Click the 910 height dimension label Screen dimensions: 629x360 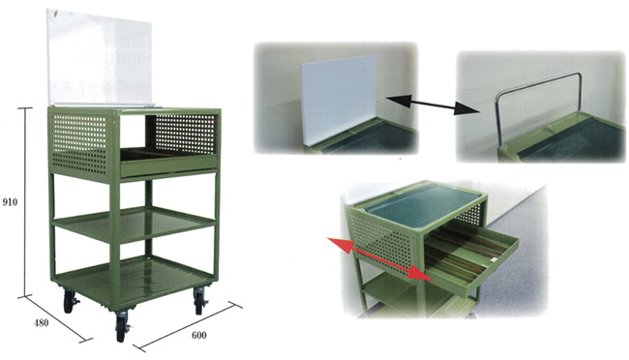tap(10, 202)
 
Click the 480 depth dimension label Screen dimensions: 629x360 tap(41, 322)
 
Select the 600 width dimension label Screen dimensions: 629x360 tap(199, 335)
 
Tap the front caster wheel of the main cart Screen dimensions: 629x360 tap(121, 325)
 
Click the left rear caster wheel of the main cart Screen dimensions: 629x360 tap(70, 301)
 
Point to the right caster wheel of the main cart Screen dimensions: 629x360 tap(199, 301)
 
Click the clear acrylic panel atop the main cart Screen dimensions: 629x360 tap(100, 57)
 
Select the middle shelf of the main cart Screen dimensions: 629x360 tap(134, 224)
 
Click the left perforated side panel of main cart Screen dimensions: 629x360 tap(79, 143)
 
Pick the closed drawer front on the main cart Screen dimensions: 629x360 tap(169, 165)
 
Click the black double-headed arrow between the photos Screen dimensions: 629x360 tap(434, 105)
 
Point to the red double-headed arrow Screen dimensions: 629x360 tap(379, 258)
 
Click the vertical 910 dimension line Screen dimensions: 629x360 tap(26, 202)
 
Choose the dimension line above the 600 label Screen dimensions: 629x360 tap(188, 326)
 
